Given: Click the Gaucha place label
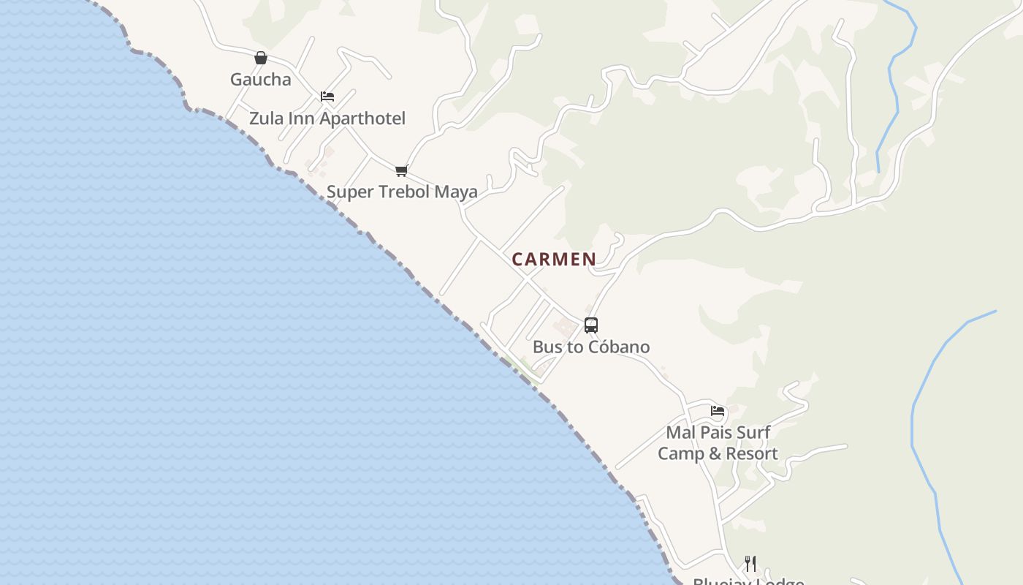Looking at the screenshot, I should (x=260, y=79).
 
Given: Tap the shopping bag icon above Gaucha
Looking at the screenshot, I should (x=261, y=58).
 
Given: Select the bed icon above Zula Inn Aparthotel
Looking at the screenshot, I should (x=327, y=97).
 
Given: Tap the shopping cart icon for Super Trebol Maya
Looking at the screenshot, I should (x=401, y=171).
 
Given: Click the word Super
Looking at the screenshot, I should (x=349, y=192).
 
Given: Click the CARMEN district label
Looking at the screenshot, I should (x=554, y=259).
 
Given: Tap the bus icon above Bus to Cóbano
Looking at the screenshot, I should (x=591, y=325).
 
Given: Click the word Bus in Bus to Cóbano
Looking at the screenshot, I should (x=547, y=347).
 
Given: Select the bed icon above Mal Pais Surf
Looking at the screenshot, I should (x=718, y=411).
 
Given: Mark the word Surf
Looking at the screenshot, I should (x=753, y=432).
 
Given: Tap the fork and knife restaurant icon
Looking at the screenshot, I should (x=750, y=563).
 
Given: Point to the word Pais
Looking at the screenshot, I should (x=716, y=432).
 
